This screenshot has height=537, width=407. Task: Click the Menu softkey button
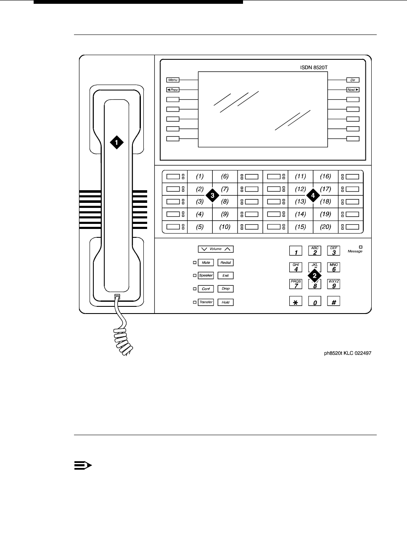[x=173, y=80]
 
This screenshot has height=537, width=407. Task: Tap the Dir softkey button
[x=353, y=80]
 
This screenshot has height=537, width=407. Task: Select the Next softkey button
[x=353, y=90]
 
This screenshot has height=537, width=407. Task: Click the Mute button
[x=206, y=263]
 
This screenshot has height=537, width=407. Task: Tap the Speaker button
[x=206, y=276]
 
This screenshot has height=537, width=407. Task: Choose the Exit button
[x=225, y=276]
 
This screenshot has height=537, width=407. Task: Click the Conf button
[x=206, y=289]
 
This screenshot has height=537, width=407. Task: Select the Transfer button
[x=206, y=302]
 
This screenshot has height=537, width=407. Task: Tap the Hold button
[x=225, y=302]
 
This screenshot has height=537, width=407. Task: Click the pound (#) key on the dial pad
[x=333, y=301]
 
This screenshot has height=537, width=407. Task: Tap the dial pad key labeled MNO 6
[x=334, y=268]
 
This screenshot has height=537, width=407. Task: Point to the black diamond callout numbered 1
[x=117, y=142]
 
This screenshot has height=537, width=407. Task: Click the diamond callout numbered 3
[x=213, y=196]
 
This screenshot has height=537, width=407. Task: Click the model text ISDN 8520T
[x=312, y=67]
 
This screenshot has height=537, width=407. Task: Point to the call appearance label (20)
[x=325, y=227]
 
